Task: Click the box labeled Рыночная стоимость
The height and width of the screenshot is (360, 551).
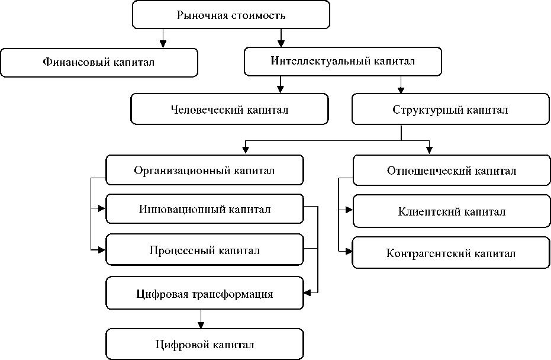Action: coord(231,14)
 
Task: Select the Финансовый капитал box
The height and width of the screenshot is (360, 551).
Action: coord(99,63)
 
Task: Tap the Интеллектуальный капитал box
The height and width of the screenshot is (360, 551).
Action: coord(343,62)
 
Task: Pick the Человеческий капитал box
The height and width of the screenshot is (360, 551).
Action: coord(230,109)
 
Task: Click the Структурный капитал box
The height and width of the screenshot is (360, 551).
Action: coord(450,109)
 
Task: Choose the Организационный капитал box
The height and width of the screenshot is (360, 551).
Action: coord(205,170)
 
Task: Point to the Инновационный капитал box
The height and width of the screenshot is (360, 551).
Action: coord(205,209)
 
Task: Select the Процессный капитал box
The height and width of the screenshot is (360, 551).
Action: coord(205,250)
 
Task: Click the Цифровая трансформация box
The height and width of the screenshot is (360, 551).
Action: coord(205,293)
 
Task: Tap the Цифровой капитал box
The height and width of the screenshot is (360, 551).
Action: coord(205,344)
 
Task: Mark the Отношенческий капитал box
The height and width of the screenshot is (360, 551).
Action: coord(452,170)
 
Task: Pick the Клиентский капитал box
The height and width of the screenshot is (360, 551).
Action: coord(452,211)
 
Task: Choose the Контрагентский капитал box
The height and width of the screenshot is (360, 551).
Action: coord(451,253)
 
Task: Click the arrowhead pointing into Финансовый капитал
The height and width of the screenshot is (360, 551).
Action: coord(163,44)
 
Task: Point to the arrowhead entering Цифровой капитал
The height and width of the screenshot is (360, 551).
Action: coord(201,324)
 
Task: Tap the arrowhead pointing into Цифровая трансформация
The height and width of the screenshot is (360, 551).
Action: coord(308,292)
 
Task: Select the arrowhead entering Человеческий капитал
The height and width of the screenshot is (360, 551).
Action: coord(280,89)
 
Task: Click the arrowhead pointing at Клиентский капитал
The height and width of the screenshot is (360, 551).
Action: coord(349,210)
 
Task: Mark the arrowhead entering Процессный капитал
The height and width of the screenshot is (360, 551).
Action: coord(102,250)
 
